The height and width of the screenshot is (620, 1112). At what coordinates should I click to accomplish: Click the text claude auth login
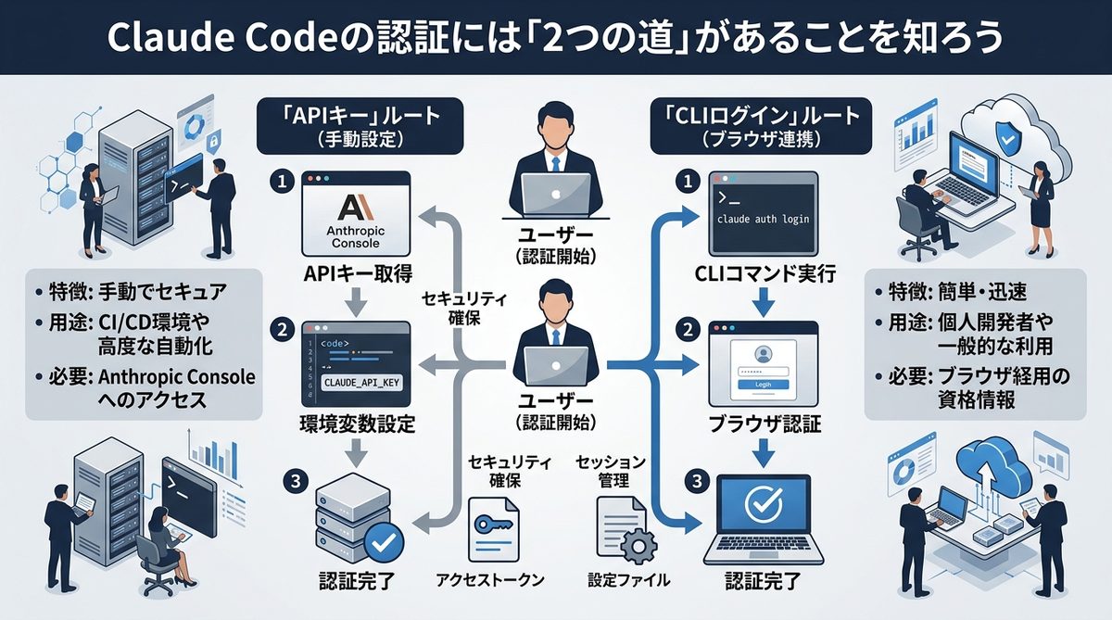pos(764,220)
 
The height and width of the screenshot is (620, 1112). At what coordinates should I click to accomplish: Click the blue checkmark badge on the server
pos(383,538)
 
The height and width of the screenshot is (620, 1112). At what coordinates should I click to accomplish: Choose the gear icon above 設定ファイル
pos(635,547)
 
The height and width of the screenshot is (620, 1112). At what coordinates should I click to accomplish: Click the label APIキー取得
pos(358,274)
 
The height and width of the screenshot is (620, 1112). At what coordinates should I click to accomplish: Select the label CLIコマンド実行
pos(764,274)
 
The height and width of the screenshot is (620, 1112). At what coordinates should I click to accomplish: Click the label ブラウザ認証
pos(764,424)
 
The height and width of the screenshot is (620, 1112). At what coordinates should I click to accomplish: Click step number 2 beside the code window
pos(280,329)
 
